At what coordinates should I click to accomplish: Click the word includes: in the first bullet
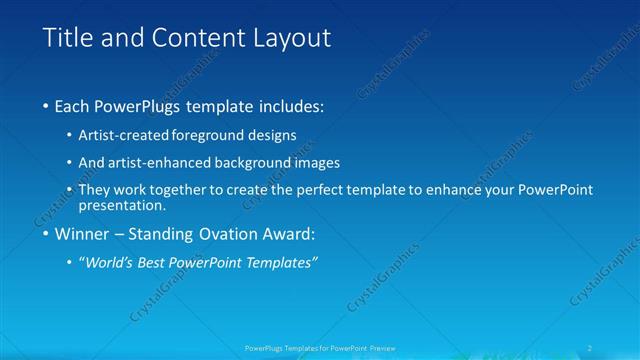point(289,105)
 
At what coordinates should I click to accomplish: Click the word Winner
point(82,235)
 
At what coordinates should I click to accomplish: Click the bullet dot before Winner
point(47,235)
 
